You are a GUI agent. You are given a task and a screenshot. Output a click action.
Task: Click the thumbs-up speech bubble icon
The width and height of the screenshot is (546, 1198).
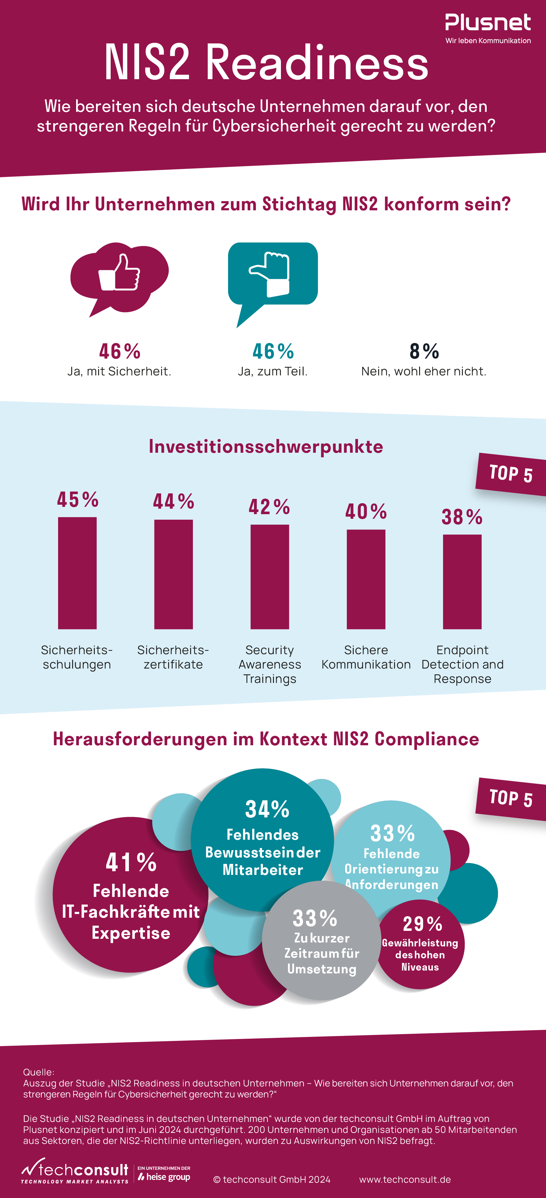tap(120, 276)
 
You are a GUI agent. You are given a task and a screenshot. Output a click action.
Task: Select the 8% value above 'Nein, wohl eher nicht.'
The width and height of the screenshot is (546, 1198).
tap(424, 352)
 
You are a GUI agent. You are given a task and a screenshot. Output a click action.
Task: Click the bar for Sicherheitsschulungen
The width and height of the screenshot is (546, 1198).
tap(77, 573)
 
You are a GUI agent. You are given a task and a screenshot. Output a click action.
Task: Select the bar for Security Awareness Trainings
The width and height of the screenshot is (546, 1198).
tap(270, 577)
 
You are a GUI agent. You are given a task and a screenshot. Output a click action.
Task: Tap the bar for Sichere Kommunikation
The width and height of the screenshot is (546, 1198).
tap(366, 579)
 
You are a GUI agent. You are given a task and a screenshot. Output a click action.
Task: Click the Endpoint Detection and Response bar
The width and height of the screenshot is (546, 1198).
tap(462, 581)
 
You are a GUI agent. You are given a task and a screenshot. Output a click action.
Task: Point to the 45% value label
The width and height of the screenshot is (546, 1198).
tap(78, 500)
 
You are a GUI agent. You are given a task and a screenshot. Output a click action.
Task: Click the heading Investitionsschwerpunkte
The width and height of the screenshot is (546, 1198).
tap(266, 446)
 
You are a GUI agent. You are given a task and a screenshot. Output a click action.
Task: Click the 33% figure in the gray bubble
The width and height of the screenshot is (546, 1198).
tap(315, 919)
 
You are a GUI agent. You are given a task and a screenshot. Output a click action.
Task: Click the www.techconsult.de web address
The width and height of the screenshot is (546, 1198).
tap(405, 1179)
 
